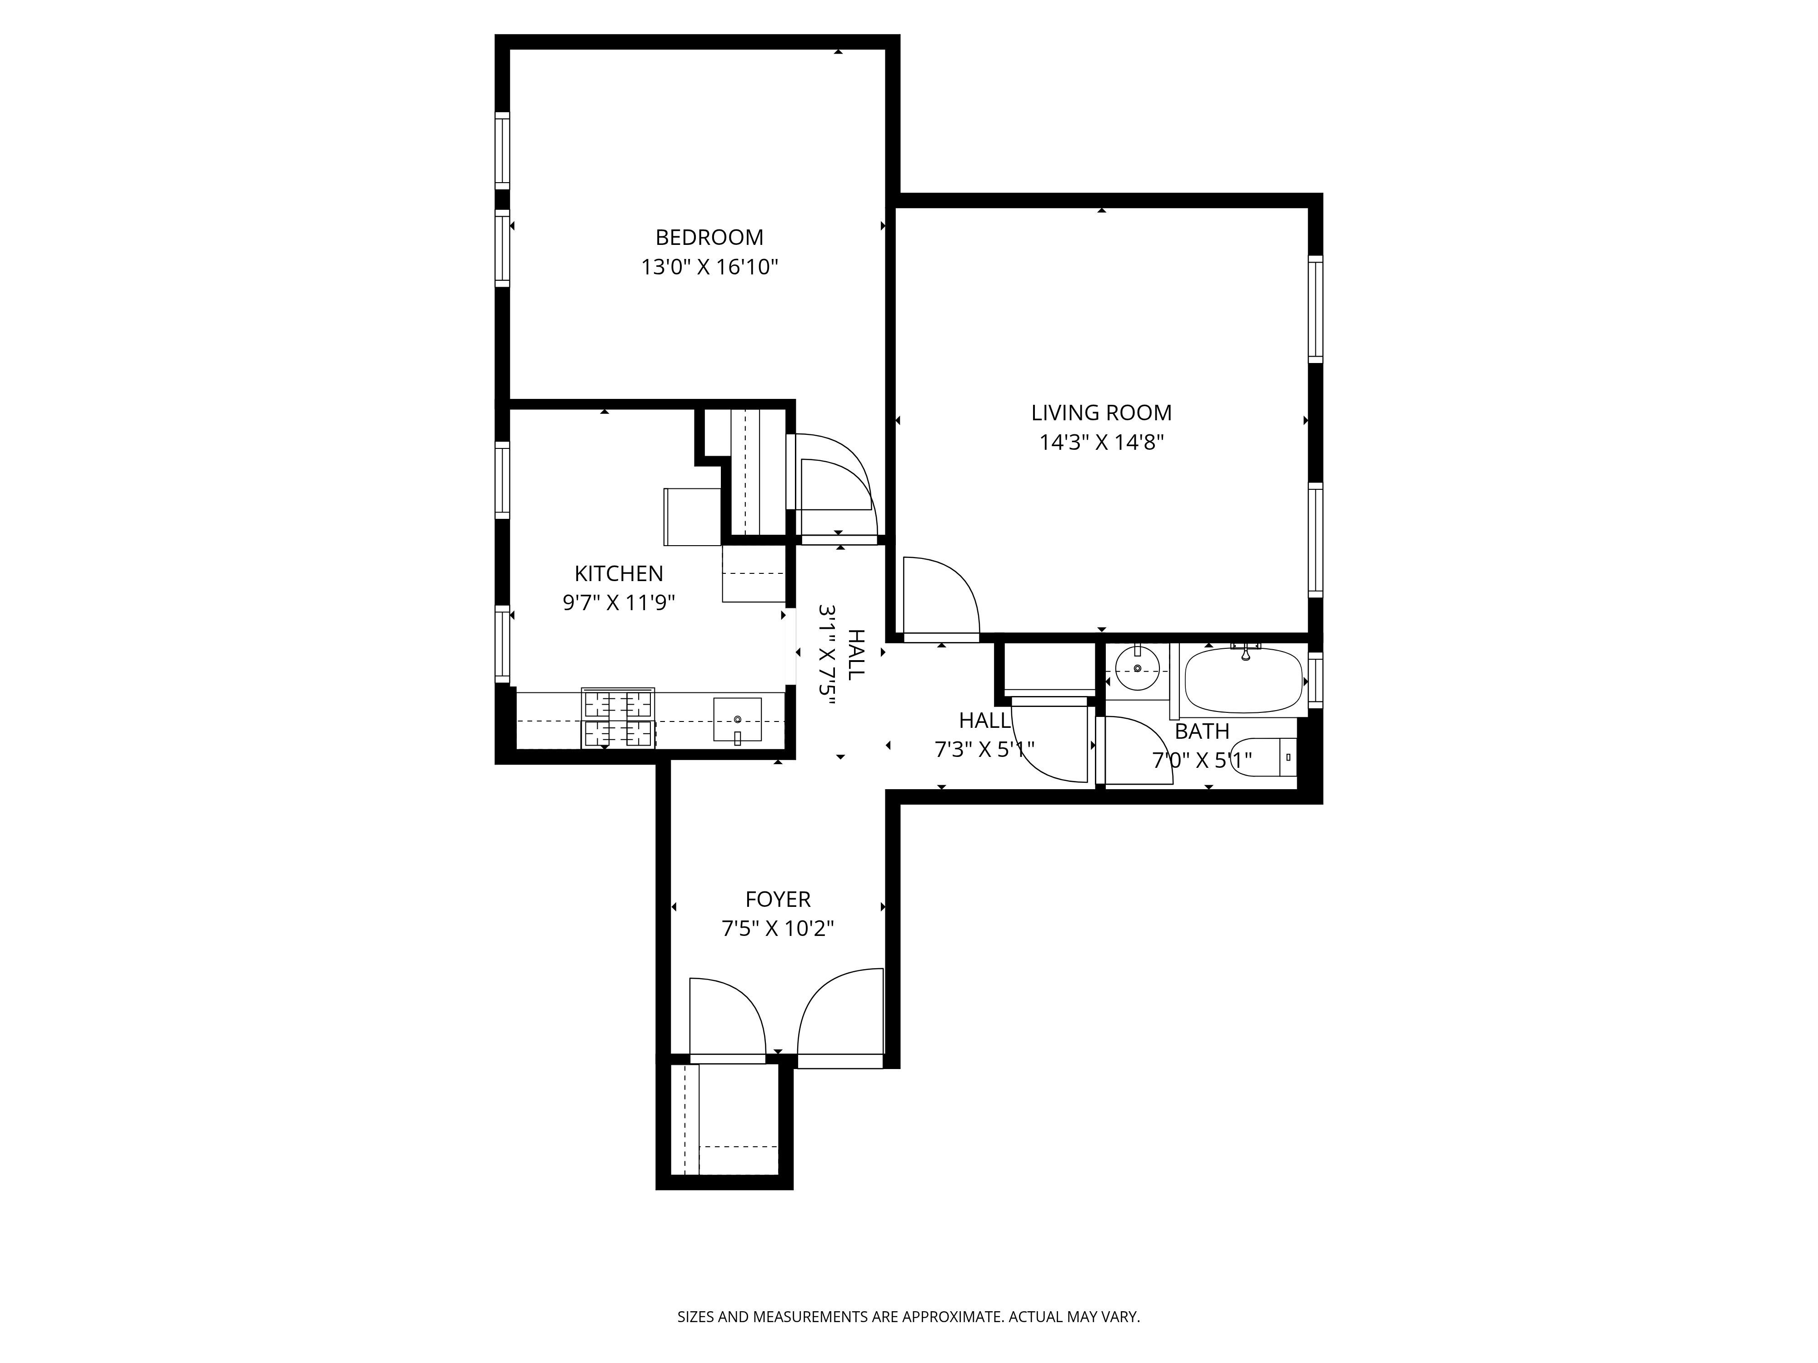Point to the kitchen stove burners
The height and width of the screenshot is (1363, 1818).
tap(618, 718)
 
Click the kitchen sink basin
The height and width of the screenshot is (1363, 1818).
tap(737, 720)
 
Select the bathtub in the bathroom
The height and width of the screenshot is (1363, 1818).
tap(1244, 680)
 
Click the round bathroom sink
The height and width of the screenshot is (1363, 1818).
tap(1138, 669)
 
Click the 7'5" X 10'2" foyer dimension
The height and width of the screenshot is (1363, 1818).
tap(778, 929)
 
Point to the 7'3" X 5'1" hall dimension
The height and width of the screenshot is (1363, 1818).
tap(984, 749)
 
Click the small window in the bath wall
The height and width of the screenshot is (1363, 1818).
tap(1315, 679)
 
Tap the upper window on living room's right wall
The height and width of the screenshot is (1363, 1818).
tap(1315, 309)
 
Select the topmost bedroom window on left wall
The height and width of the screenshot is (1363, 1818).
tap(501, 150)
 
